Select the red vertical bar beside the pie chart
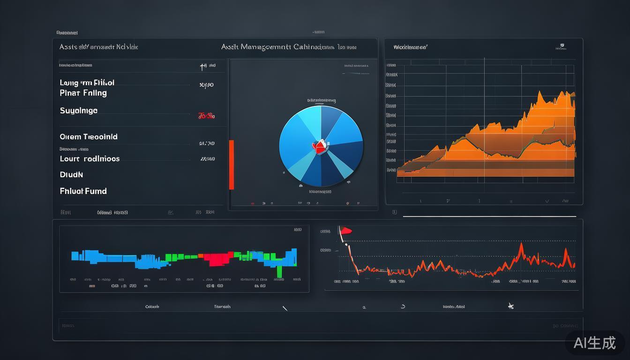(x=231, y=165)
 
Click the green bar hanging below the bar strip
(x=279, y=271)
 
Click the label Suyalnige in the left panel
(x=79, y=111)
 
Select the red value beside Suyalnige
(x=206, y=115)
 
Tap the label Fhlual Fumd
(x=83, y=191)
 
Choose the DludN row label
(x=71, y=174)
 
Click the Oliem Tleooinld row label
(x=89, y=137)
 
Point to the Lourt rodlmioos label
(x=90, y=158)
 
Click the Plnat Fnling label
(x=83, y=93)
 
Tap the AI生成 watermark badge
(x=595, y=343)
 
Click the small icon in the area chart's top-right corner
(x=561, y=46)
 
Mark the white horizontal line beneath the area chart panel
(x=489, y=217)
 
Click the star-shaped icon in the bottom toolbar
(x=511, y=306)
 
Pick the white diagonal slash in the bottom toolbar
(x=285, y=308)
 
